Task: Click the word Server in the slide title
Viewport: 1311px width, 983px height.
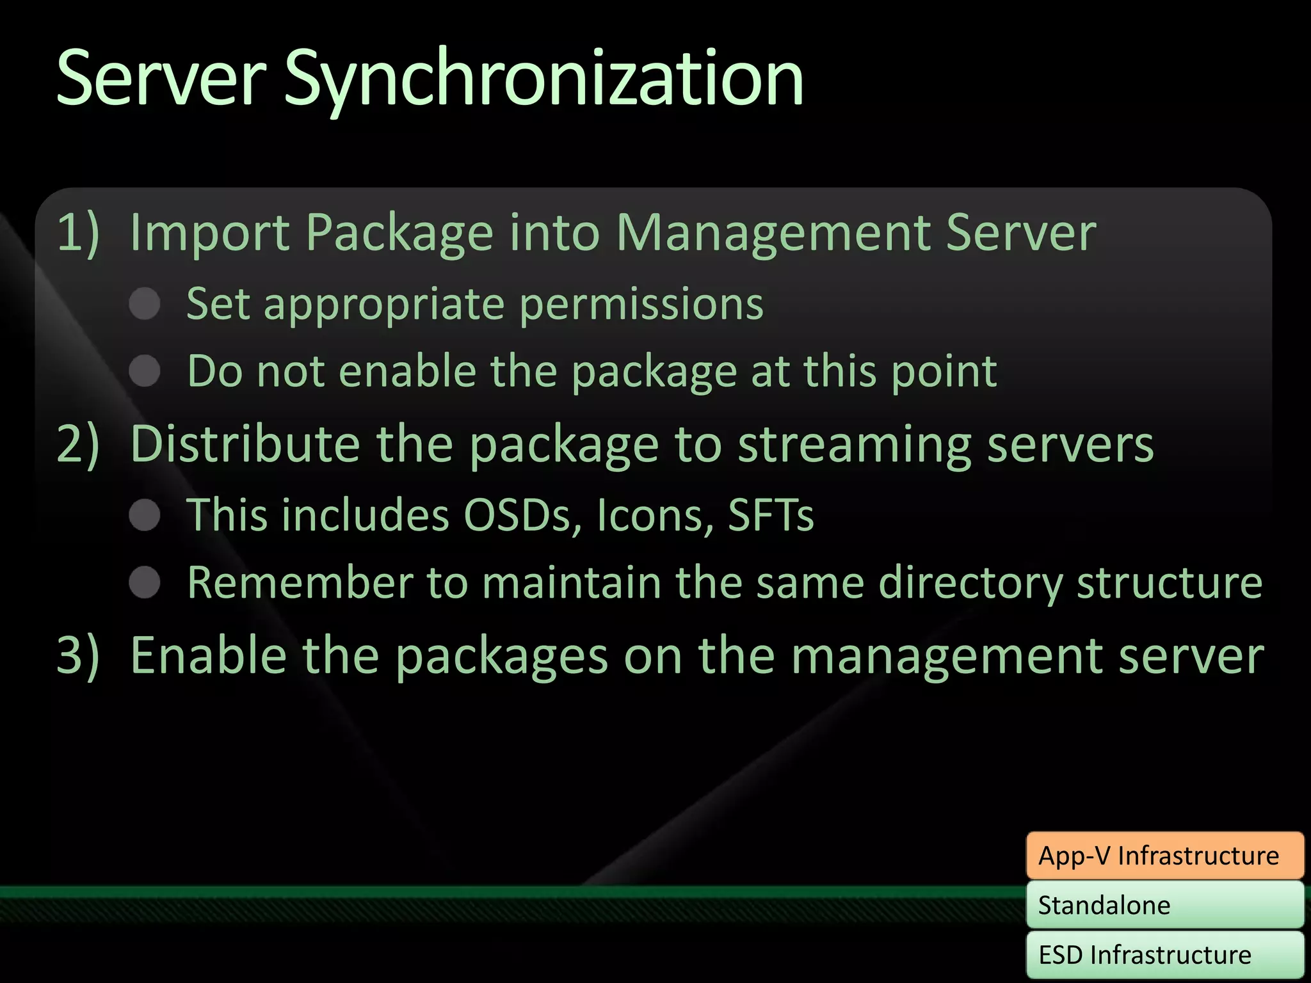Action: click(x=161, y=80)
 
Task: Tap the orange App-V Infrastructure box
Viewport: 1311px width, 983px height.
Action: click(x=1164, y=856)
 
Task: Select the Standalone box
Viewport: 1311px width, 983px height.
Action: click(x=1164, y=905)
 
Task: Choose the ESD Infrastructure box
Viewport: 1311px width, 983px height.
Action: click(x=1164, y=955)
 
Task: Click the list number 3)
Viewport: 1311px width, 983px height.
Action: click(x=78, y=655)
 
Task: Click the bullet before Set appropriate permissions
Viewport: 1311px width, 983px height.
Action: click(x=145, y=303)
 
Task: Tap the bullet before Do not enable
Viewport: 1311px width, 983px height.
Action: click(x=145, y=371)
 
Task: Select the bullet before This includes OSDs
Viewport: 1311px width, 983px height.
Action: click(x=145, y=515)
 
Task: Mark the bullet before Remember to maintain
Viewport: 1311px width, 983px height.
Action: click(x=145, y=582)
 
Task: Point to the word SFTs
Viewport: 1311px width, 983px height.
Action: click(x=771, y=515)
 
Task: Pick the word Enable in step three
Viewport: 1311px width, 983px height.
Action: click(x=208, y=655)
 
